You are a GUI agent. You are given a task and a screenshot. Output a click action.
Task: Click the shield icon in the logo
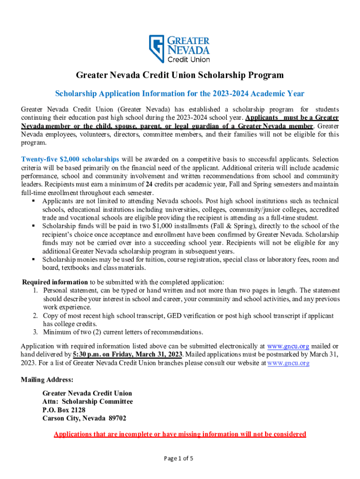[157, 49]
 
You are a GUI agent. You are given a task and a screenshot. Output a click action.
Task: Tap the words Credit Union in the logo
[188, 59]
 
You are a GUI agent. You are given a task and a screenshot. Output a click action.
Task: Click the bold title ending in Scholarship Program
[180, 75]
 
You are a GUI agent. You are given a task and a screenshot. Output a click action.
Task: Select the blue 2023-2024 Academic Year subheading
[180, 94]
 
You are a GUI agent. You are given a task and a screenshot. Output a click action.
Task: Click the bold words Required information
[55, 282]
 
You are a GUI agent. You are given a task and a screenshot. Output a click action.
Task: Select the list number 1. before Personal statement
[36, 290]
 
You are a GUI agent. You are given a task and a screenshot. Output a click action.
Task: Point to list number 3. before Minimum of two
[36, 333]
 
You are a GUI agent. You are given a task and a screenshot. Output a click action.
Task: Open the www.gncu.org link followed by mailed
[288, 346]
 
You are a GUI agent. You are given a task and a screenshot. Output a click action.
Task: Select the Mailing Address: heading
[47, 379]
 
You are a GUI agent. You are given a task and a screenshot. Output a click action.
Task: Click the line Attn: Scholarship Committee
[87, 402]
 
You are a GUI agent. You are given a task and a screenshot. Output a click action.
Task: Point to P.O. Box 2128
[64, 410]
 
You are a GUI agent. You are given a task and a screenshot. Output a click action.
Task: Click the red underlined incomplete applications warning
[180, 434]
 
